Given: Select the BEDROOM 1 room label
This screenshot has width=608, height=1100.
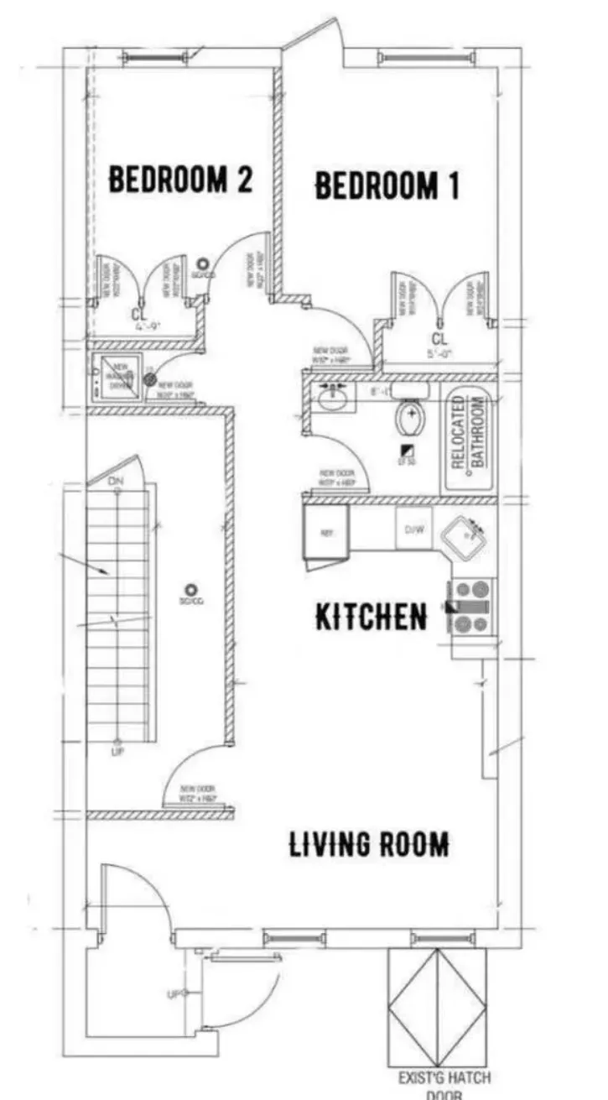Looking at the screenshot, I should coord(387,185).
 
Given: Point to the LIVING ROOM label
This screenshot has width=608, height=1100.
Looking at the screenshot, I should coord(368,843).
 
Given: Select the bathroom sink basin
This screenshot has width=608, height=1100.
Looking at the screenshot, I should coord(336,396).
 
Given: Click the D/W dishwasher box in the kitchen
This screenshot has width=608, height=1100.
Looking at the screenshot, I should coord(414,529).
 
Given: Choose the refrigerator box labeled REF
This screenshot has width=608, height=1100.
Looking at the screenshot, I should coord(327,531).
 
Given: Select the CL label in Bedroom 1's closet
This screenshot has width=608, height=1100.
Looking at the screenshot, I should coord(439,339).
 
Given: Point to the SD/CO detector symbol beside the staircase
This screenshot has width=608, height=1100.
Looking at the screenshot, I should coord(192,590).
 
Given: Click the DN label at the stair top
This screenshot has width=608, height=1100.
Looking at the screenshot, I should coord(117,481).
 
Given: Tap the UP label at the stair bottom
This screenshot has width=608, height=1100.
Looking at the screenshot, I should coord(117,751).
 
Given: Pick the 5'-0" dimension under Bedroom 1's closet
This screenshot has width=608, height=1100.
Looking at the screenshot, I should coord(439,354).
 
